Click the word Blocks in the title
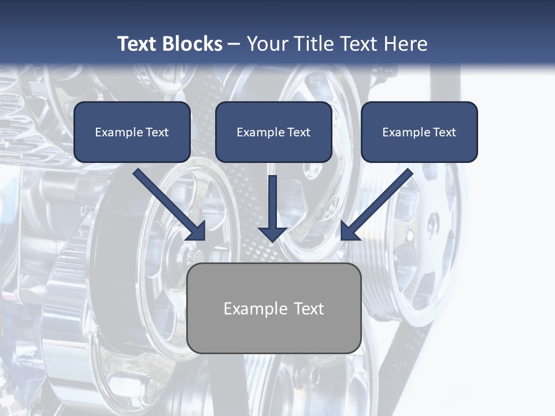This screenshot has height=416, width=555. pos(193,43)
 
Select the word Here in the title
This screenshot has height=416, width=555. pos(406,43)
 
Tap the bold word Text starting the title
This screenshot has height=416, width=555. pos(138,43)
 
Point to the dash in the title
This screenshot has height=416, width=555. pos(234,45)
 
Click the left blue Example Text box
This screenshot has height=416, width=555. pos(132,132)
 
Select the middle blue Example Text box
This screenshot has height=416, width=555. pos(273,132)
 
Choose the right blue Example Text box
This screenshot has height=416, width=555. pos(420,132)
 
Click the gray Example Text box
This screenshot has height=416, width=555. pos(274,308)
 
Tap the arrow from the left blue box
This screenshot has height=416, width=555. pos(169,205)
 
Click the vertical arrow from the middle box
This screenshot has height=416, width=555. pos(272,209)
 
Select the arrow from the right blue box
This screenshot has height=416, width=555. pos(377,205)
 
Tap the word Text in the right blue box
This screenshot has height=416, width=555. pos(444,132)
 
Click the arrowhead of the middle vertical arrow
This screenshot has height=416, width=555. pos(272,235)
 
